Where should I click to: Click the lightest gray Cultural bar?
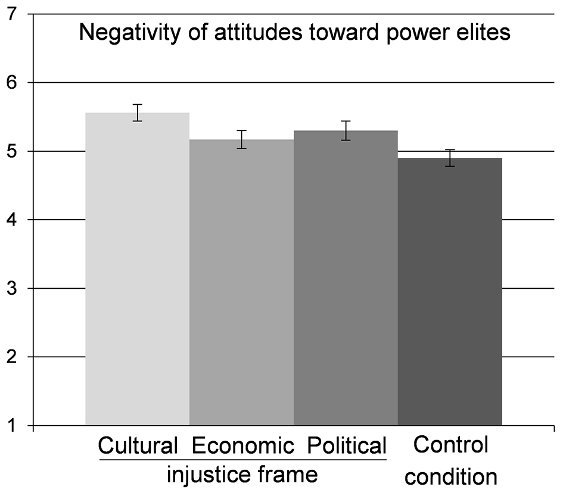tap(137, 269)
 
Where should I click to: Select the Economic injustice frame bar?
tap(242, 282)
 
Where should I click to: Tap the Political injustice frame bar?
tap(346, 278)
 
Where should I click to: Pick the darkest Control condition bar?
tap(450, 292)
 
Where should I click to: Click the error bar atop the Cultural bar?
tap(137, 113)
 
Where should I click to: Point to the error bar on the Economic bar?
tap(242, 139)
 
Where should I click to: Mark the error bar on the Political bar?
tap(346, 130)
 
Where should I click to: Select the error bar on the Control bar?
tap(450, 158)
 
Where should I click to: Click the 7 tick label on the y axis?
tap(12, 14)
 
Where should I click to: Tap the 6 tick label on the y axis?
tap(12, 83)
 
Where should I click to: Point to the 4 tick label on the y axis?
tap(12, 220)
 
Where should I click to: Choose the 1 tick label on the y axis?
tap(12, 426)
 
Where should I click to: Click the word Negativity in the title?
tap(130, 33)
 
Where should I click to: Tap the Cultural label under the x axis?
tap(138, 446)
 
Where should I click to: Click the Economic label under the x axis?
tap(242, 446)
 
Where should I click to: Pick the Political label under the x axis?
tap(347, 446)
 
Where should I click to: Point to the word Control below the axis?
tap(450, 445)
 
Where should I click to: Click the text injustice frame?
tap(242, 475)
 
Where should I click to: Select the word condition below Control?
tap(451, 477)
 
